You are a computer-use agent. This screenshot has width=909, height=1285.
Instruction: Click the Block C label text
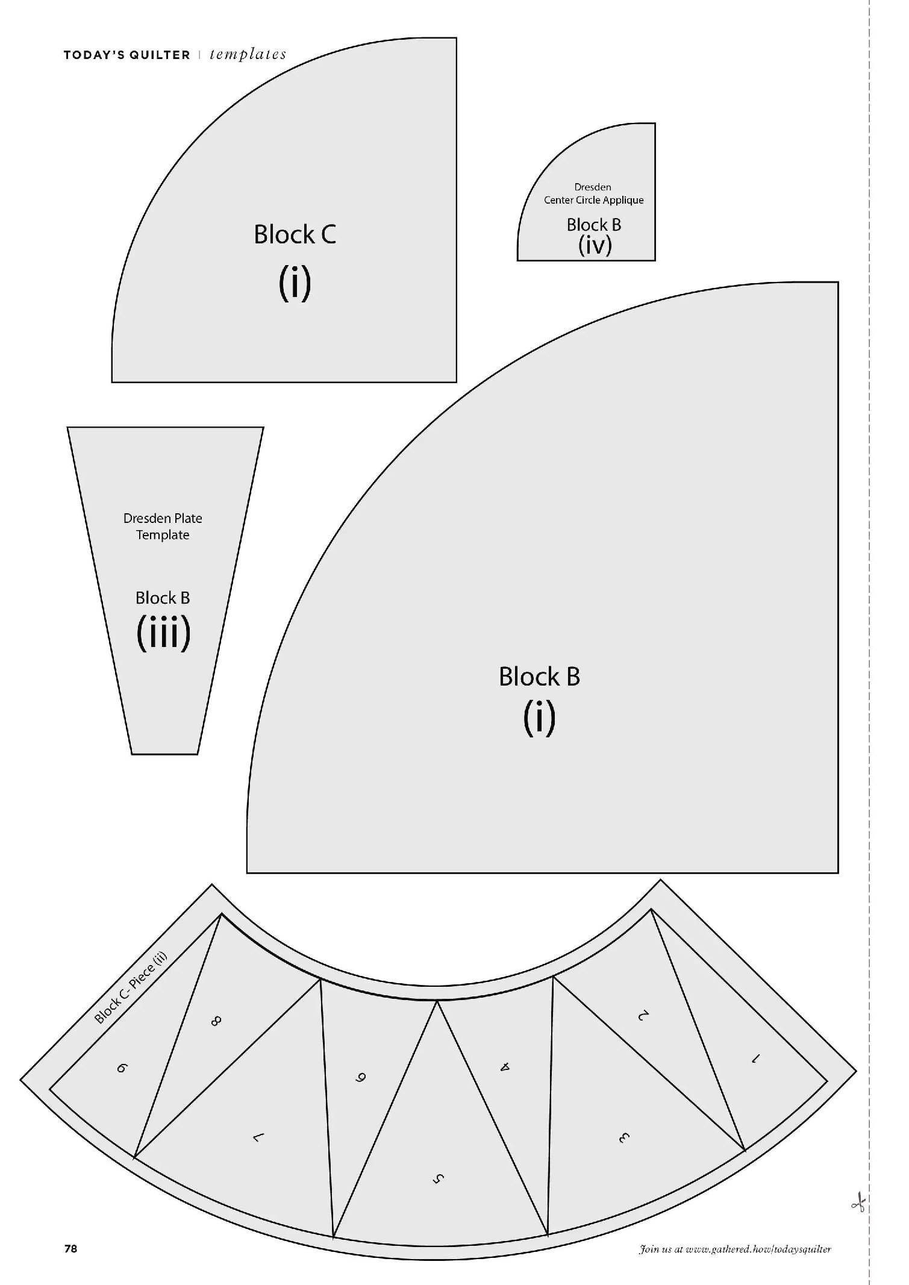(x=295, y=234)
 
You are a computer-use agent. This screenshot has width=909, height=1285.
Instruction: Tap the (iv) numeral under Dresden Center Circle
(x=595, y=245)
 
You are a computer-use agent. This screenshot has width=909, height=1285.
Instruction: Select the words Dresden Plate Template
(x=163, y=527)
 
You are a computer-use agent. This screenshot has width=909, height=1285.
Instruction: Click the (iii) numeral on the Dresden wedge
(x=163, y=633)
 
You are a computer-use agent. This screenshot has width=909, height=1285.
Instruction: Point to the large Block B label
(x=539, y=676)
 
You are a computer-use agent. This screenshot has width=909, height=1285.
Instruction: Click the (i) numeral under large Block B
(x=539, y=718)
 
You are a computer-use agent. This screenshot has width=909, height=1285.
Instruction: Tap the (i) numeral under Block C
(x=295, y=283)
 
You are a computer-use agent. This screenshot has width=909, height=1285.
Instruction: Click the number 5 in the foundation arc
(x=439, y=1179)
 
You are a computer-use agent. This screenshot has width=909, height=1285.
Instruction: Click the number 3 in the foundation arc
(x=623, y=1138)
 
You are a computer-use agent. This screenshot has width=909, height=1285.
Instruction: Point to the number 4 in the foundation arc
(x=505, y=1067)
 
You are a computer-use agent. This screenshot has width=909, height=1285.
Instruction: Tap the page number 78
(x=70, y=1248)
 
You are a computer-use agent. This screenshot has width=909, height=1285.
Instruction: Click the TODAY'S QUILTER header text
(x=127, y=55)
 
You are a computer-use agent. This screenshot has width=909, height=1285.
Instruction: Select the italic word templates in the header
(x=248, y=55)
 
